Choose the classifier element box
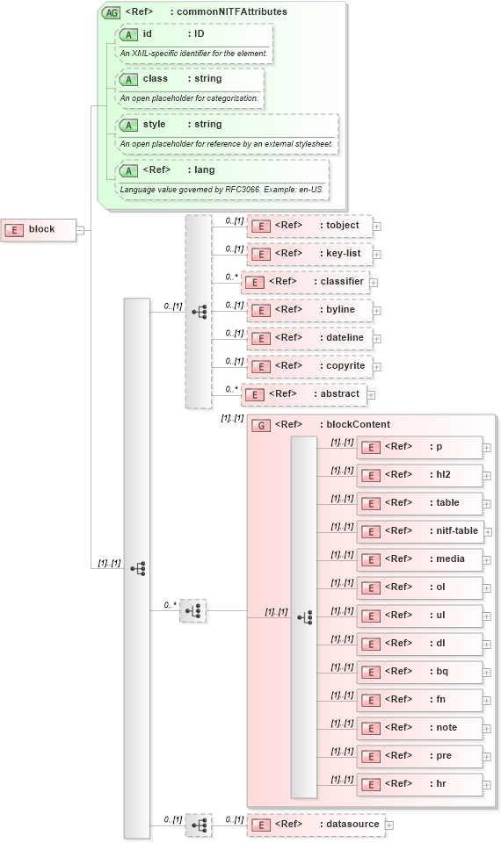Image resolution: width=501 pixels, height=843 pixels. pos(304,282)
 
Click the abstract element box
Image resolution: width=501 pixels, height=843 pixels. pos(303,394)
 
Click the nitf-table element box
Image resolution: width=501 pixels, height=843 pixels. pos(420,531)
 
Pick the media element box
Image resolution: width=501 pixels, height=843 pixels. pos(420,559)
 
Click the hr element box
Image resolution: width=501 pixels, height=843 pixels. pos(420,784)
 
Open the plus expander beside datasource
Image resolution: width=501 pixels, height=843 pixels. pos(389,825)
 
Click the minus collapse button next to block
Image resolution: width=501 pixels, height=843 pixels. pos(80,230)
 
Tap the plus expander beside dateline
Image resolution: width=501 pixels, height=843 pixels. pos(377,338)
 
